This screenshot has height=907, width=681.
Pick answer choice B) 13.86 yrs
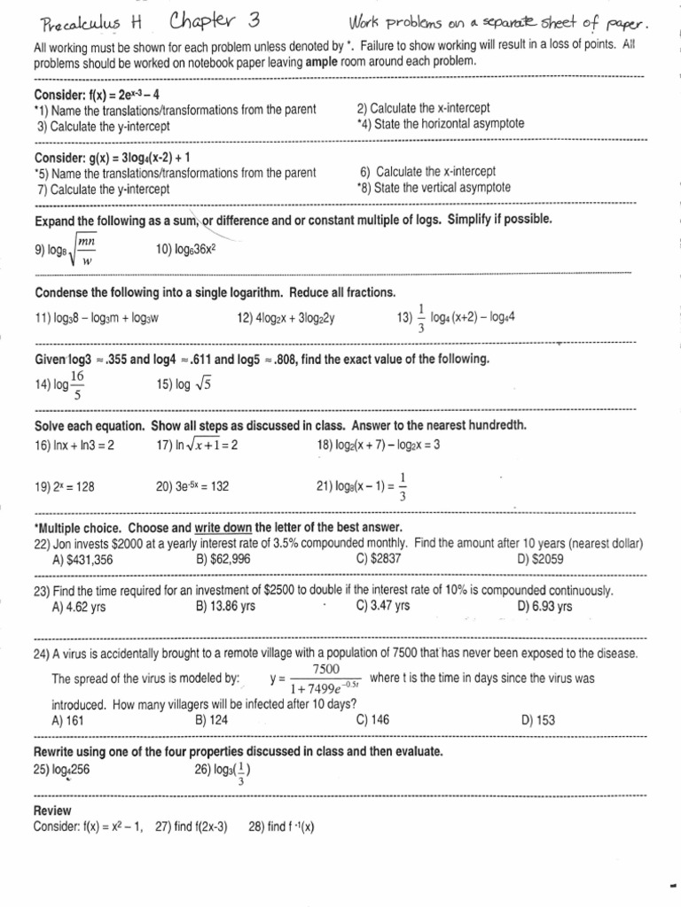[225, 607]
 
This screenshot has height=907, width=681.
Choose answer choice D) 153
[538, 720]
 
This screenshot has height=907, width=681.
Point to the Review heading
[52, 810]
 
